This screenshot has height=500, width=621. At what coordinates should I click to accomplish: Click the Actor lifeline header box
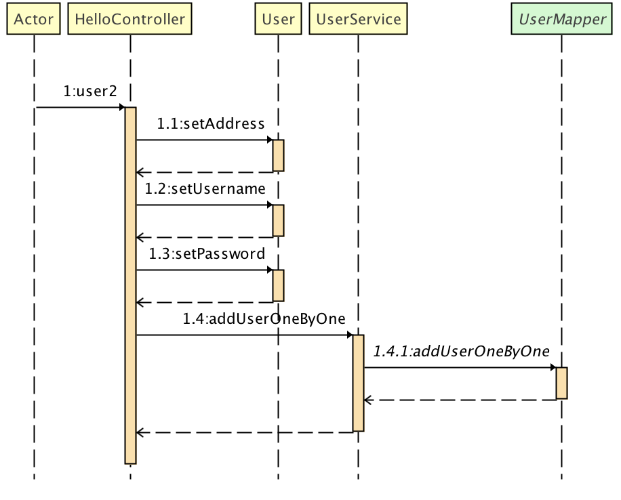pos(33,19)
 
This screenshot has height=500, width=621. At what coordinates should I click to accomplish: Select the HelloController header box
pos(129,19)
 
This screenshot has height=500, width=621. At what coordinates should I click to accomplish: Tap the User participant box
pos(278,19)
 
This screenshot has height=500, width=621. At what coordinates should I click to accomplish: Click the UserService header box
pos(359,19)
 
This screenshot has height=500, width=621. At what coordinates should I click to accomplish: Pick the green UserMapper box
pos(561,19)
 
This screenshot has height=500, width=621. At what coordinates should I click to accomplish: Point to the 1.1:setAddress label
pos(210,124)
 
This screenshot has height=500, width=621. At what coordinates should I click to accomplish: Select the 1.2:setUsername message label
pos(205,189)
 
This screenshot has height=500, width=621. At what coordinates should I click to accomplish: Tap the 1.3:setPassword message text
pos(207,254)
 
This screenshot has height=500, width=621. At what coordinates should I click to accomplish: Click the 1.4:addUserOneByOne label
pos(264,319)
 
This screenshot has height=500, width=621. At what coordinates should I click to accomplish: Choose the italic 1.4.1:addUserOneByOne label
pos(461,352)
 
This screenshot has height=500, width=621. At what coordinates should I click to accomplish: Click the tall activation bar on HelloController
pos(131,285)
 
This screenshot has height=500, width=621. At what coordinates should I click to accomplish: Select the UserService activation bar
pos(359,383)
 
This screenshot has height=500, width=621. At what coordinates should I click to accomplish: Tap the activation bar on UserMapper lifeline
pos(561,383)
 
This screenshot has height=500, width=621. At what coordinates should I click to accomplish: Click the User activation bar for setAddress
pos(278,155)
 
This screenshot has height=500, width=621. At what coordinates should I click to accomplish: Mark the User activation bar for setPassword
pos(278,285)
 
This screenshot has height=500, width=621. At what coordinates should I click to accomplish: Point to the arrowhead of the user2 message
pos(122,107)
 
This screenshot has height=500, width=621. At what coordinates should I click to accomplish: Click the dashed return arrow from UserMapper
pos(461,400)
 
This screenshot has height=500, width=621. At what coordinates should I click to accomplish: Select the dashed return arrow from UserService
pos(244,432)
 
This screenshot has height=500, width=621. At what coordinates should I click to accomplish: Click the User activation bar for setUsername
pos(278,220)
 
